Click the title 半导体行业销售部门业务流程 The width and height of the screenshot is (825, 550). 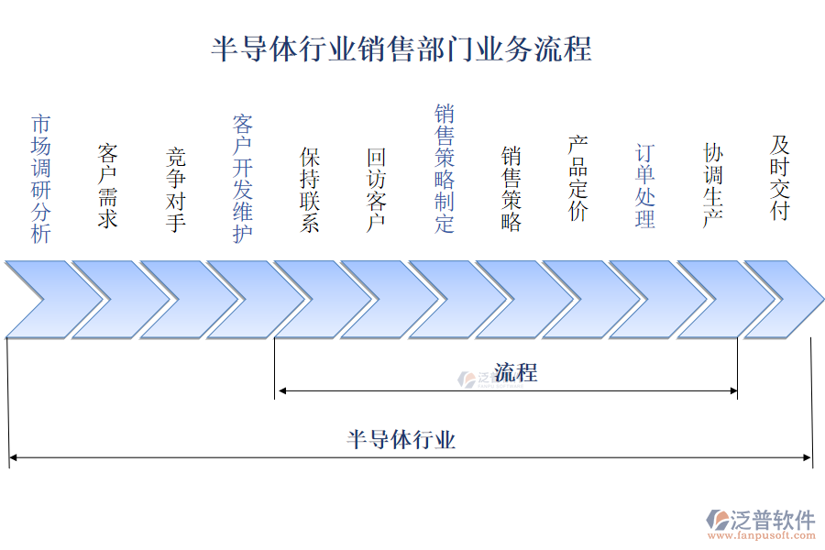401,48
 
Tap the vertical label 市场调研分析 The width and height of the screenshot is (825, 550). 41,179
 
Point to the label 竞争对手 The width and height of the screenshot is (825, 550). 176,190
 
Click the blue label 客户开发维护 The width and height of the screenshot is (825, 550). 243,179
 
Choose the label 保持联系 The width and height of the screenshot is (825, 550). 310,190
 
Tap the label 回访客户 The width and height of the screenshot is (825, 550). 377,190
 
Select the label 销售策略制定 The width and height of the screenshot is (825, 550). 445,169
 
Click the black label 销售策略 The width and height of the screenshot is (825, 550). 511,190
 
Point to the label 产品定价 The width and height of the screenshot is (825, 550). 577,179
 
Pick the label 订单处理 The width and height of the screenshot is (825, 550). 645,186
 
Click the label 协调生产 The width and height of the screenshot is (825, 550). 713,186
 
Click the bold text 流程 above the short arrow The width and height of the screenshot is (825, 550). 516,372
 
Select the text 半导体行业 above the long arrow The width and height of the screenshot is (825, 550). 401,440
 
